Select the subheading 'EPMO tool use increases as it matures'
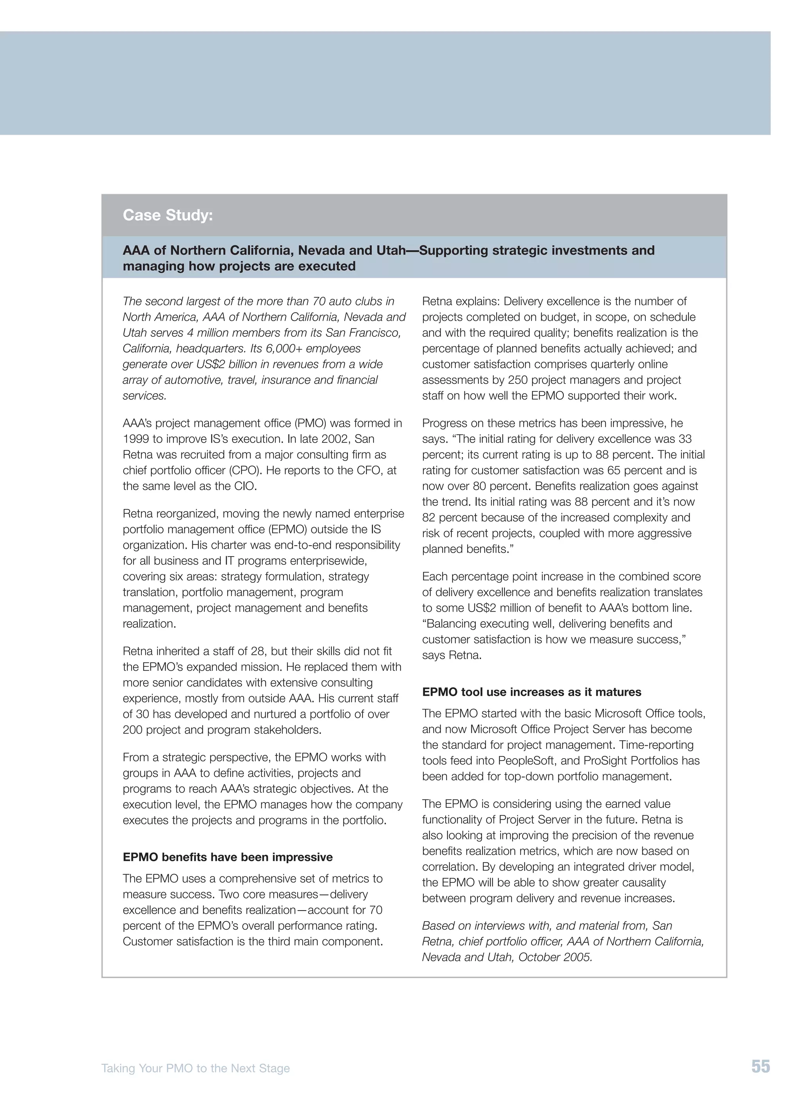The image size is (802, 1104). (x=531, y=692)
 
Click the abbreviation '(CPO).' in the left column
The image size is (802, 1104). (x=243, y=470)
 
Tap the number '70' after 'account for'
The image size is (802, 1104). (x=375, y=910)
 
